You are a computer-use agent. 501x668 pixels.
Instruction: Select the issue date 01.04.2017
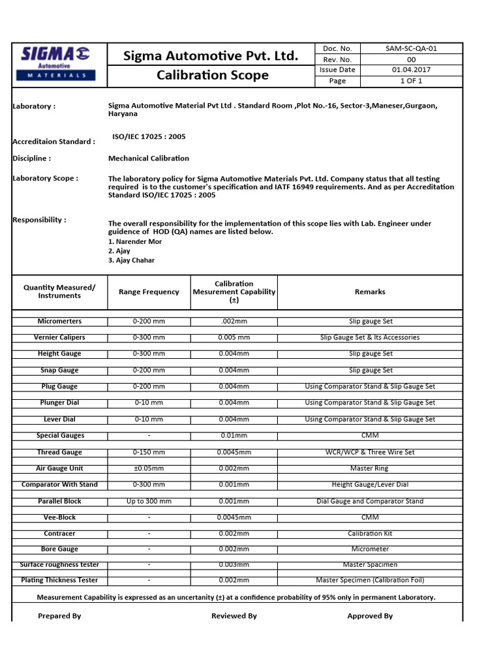point(411,70)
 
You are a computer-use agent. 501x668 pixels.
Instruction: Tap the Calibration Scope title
point(213,75)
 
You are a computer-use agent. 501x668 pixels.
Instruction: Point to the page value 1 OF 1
point(411,81)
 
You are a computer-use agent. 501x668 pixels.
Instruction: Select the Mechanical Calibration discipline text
point(149,159)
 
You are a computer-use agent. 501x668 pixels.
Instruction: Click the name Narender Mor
point(135,242)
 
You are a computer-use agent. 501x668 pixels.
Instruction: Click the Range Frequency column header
point(149,292)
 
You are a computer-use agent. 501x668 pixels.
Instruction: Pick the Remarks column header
point(370,292)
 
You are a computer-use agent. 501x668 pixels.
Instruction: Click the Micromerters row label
point(60,322)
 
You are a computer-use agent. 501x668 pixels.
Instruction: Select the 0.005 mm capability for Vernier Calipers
point(234,338)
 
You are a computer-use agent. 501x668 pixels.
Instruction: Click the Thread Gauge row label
point(60,452)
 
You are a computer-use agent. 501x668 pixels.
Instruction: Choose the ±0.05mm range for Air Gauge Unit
point(149,468)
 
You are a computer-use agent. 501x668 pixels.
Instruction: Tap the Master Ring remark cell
point(370,468)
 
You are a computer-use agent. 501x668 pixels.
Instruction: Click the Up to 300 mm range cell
point(149,502)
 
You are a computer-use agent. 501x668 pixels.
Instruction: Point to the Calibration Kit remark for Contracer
point(370,534)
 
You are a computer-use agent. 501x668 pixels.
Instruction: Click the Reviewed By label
point(234,616)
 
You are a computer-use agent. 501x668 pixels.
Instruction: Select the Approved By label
point(370,616)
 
